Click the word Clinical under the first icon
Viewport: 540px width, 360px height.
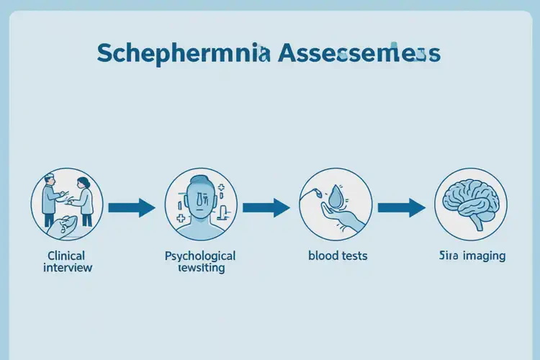[66, 256]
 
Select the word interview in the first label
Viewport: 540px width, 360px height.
[68, 268]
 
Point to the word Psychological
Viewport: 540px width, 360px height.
[200, 256]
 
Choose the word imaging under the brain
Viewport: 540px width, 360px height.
[480, 256]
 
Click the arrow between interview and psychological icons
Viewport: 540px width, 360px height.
[132, 208]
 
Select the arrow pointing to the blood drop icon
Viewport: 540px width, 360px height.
[266, 208]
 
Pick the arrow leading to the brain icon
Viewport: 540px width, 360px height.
[402, 208]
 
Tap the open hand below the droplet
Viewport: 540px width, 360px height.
[343, 216]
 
